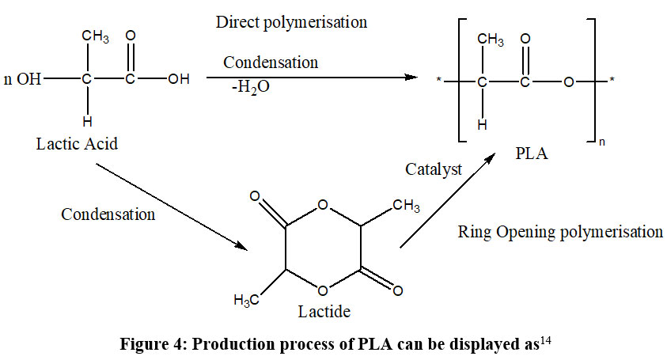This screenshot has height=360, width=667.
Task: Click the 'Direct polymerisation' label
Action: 291,22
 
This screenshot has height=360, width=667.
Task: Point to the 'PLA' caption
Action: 531,153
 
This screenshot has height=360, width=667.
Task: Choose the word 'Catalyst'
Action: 434,169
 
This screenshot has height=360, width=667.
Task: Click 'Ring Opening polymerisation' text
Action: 560,232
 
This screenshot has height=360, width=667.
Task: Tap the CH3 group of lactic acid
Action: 96,36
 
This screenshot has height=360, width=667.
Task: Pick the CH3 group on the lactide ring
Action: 407,207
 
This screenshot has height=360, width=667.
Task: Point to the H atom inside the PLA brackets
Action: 482,124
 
